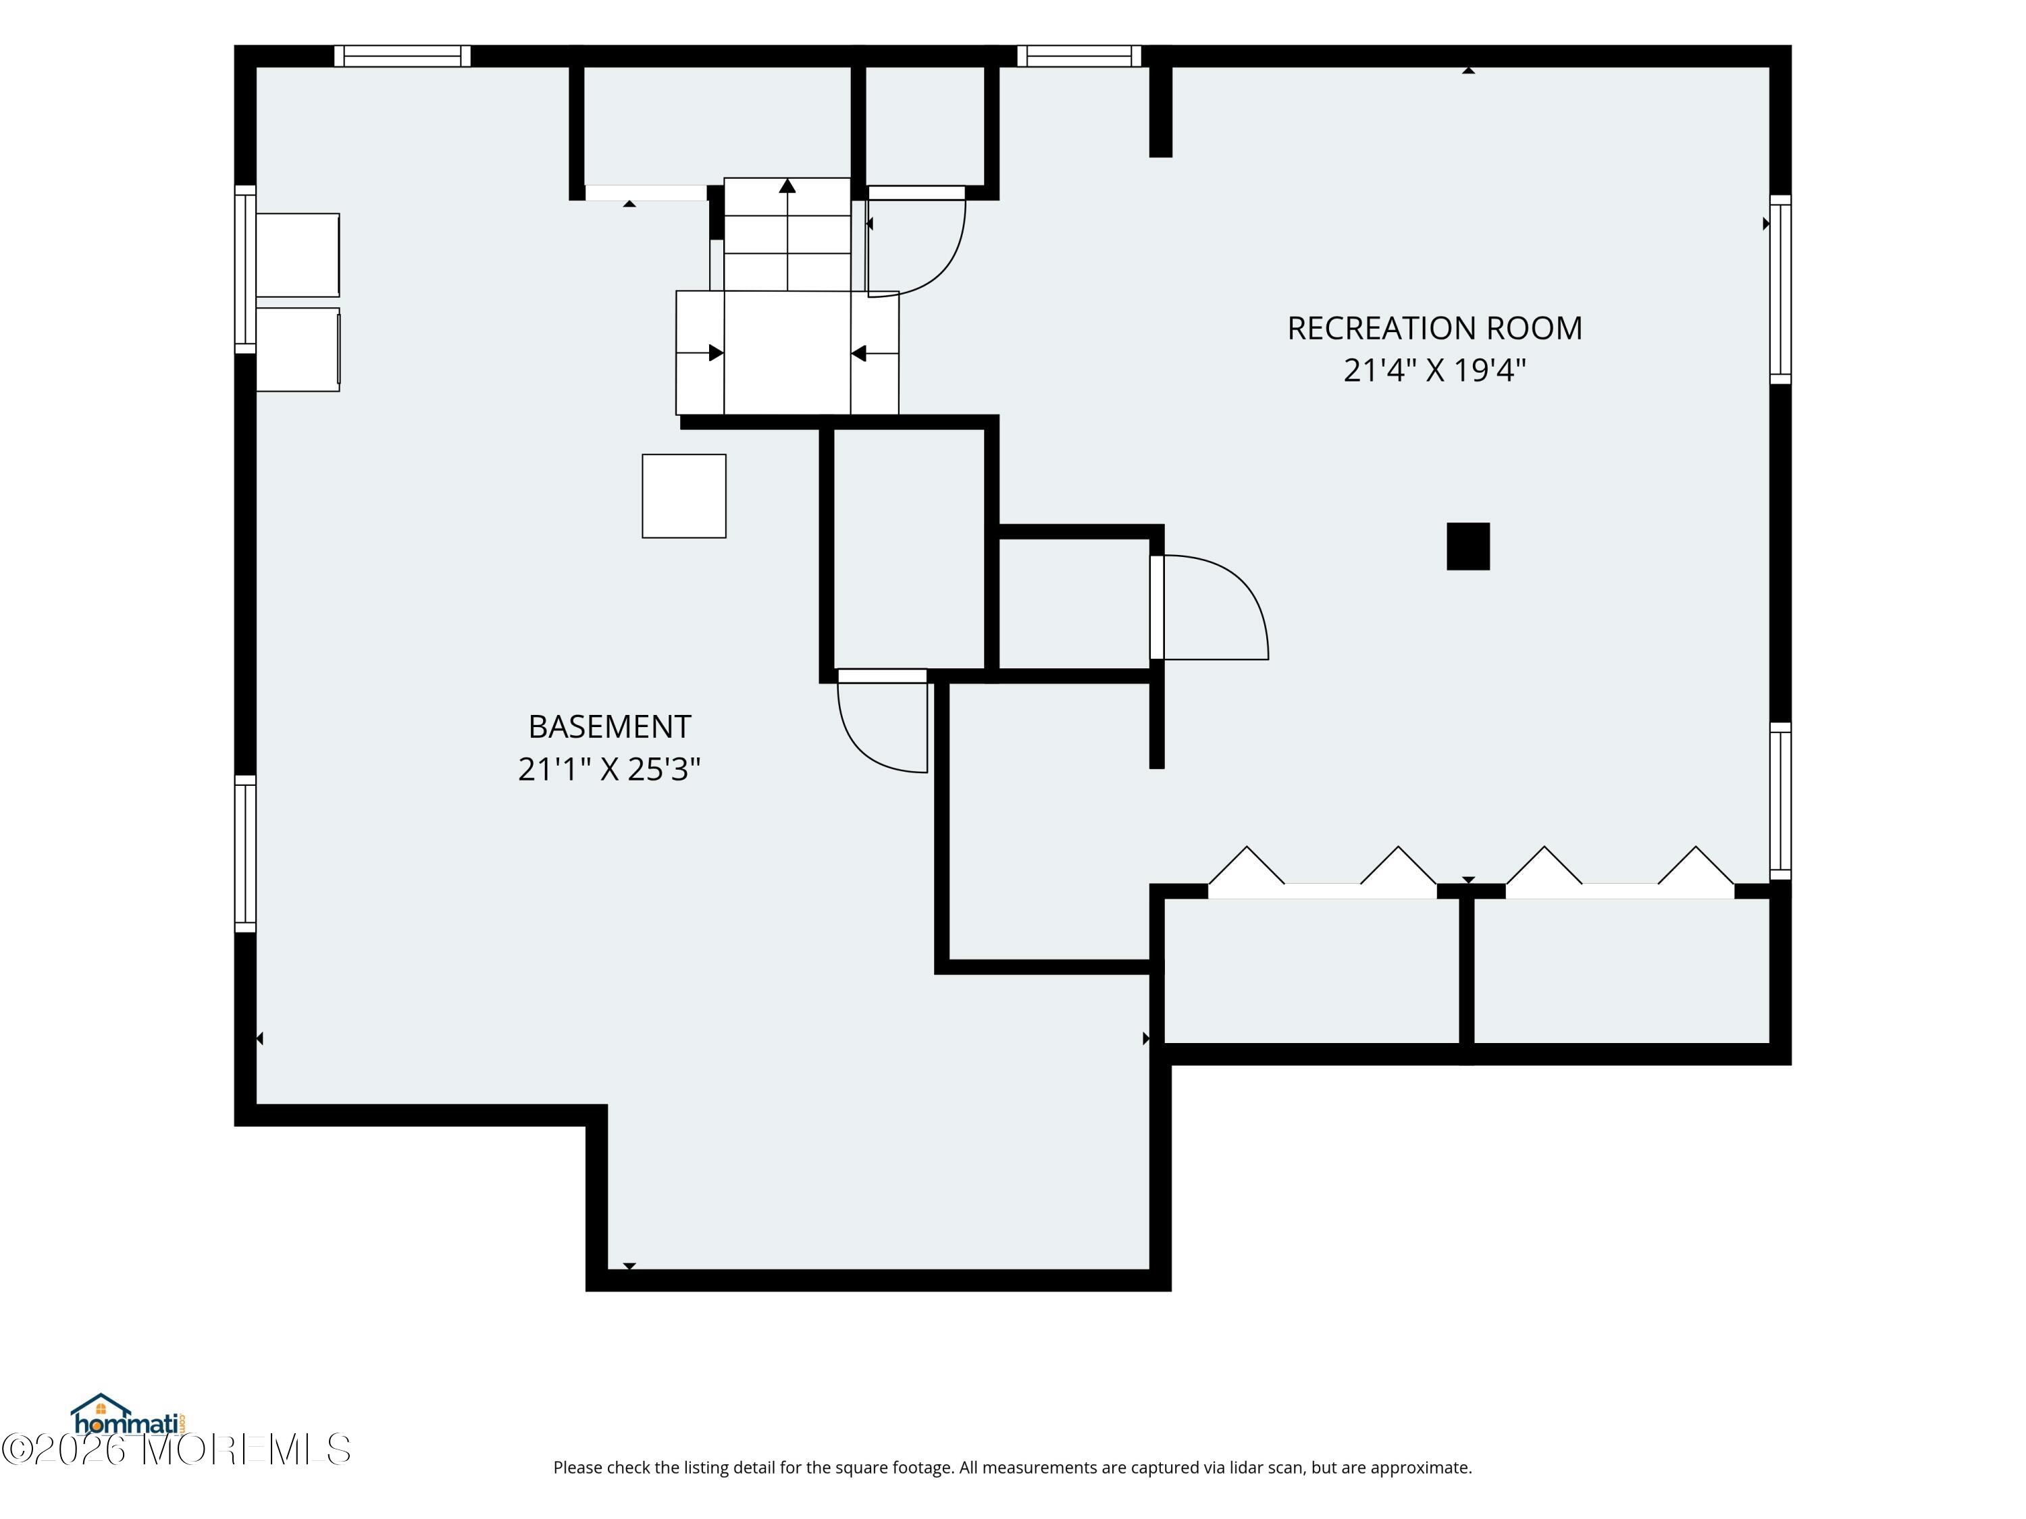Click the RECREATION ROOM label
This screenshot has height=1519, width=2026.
click(1434, 328)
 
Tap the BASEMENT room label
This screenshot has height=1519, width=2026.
click(609, 726)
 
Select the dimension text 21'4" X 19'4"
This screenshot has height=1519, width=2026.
click(1434, 370)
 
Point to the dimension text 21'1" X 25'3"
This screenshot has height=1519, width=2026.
click(609, 768)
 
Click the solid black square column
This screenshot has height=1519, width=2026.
click(1468, 547)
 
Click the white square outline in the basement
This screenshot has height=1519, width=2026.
click(684, 496)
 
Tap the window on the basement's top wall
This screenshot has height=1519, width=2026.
click(402, 56)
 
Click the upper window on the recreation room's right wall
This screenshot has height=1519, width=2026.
click(1780, 290)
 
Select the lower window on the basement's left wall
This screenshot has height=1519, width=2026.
click(245, 853)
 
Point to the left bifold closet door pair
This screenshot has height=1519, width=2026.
click(1322, 872)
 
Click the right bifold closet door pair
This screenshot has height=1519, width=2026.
click(1620, 872)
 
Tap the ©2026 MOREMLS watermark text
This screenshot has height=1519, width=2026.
click(176, 1449)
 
